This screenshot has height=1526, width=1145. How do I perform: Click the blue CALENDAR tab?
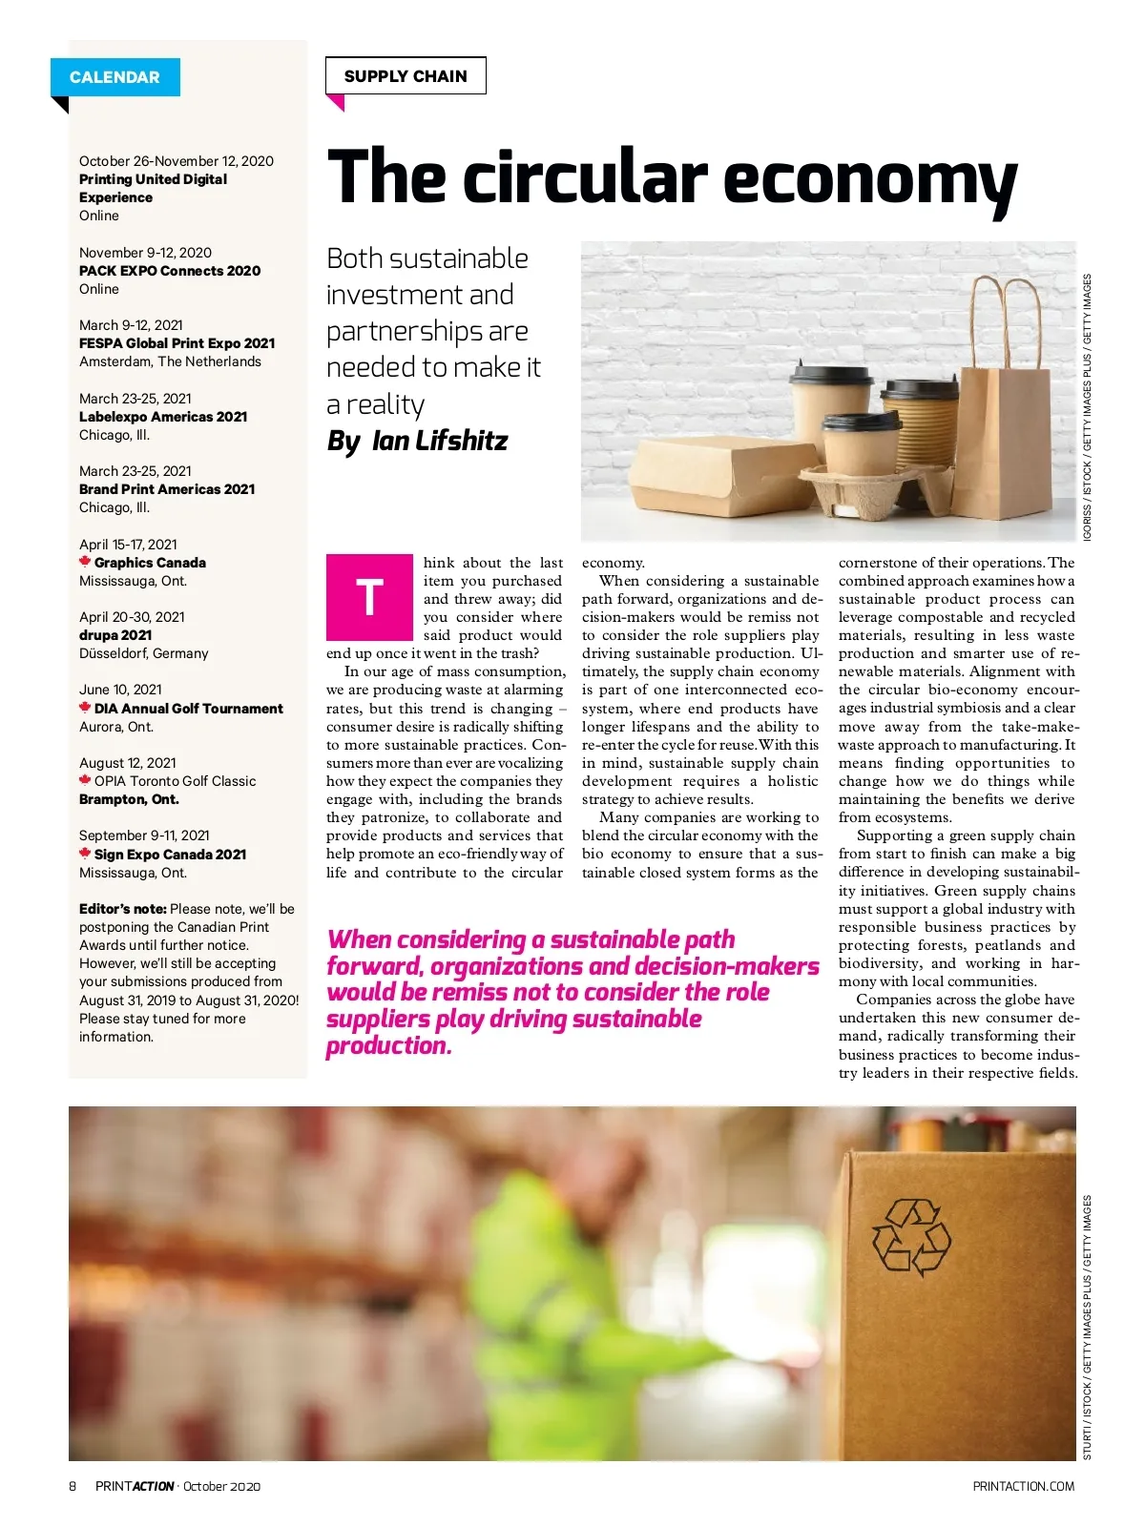pyautogui.click(x=114, y=77)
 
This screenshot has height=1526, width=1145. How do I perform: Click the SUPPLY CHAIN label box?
pyautogui.click(x=406, y=76)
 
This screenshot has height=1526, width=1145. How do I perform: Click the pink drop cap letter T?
pyautogui.click(x=369, y=597)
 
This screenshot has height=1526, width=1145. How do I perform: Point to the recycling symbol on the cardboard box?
pyautogui.click(x=911, y=1238)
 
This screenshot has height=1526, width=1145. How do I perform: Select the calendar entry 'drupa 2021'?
pyautogui.click(x=115, y=635)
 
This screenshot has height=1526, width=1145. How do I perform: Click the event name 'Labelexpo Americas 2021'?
pyautogui.click(x=163, y=417)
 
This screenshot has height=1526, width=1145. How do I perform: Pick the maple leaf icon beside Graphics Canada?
pyautogui.click(x=85, y=562)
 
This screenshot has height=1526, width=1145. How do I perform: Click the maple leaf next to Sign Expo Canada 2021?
pyautogui.click(x=85, y=854)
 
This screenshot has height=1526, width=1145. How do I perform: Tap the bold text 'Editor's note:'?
pyautogui.click(x=122, y=909)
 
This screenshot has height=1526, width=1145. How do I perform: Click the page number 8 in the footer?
pyautogui.click(x=73, y=1486)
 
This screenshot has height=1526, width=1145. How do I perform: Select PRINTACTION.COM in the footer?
pyautogui.click(x=1023, y=1486)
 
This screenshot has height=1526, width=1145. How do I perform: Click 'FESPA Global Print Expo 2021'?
pyautogui.click(x=177, y=343)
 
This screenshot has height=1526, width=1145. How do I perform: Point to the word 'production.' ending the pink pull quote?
pyautogui.click(x=388, y=1046)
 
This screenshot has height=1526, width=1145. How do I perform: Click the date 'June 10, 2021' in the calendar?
pyautogui.click(x=120, y=690)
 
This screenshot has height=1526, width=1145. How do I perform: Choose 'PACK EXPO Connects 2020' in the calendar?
pyautogui.click(x=170, y=271)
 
